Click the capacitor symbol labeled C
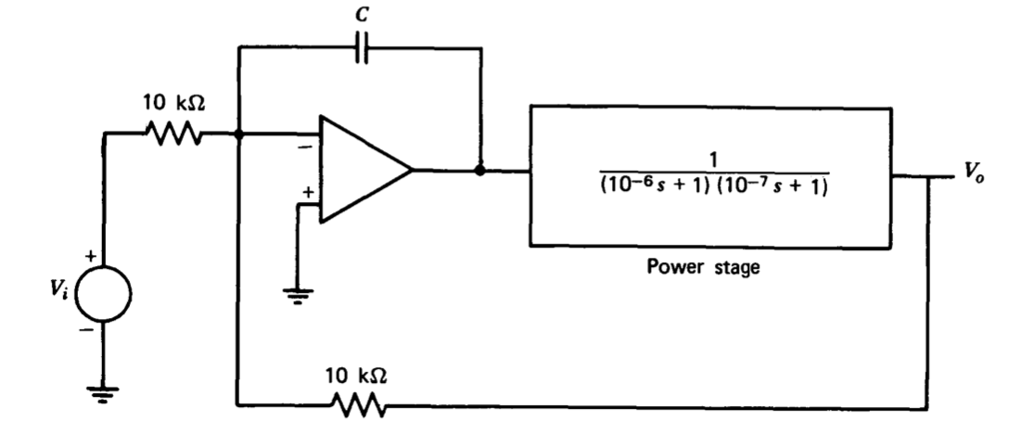(x=363, y=47)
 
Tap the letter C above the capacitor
(x=363, y=13)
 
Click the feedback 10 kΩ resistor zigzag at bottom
(x=357, y=404)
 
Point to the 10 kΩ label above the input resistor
(x=173, y=102)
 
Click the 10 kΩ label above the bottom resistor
(x=357, y=375)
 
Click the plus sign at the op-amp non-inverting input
(x=308, y=192)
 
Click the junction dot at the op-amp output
(x=479, y=171)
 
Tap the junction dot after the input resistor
(x=238, y=135)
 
